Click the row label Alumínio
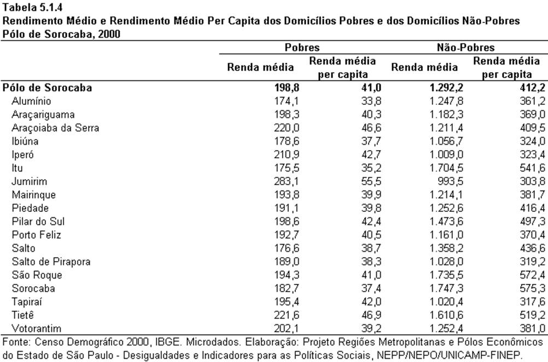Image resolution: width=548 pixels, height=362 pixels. [31, 101]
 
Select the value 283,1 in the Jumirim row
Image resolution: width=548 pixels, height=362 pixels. [287, 181]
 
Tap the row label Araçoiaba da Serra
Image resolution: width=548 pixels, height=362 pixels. [55, 128]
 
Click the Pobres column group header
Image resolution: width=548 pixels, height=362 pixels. [302, 48]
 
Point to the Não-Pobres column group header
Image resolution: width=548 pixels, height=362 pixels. [465, 48]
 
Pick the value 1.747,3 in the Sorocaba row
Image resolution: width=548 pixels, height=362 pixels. [446, 288]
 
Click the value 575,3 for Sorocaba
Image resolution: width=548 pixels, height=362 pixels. [532, 288]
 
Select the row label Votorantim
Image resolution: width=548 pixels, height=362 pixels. [36, 329]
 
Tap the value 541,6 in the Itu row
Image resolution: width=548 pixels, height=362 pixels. [532, 168]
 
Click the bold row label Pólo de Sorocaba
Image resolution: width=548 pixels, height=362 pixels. [47, 87]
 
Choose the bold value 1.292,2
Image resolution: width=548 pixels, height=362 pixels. [446, 87]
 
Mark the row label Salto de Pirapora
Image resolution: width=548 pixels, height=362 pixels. [51, 262]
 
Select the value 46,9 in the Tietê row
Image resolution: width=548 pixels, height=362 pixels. [371, 315]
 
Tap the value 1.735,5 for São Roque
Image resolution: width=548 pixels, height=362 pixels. [446, 275]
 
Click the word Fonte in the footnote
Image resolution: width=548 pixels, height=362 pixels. [16, 342]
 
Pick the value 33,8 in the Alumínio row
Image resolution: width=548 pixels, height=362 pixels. [371, 101]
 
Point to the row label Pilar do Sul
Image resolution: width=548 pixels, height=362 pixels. [38, 222]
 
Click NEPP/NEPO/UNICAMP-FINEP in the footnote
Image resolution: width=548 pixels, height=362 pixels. [449, 355]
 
